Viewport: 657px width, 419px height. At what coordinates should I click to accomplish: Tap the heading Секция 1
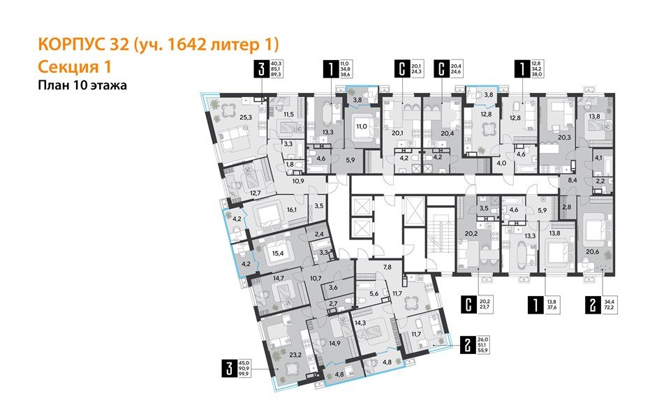coord(72,67)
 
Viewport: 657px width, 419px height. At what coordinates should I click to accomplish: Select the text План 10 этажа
coord(83,86)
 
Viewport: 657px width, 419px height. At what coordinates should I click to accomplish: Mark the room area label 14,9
coord(334,343)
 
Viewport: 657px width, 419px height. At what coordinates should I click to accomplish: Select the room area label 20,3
coord(564,138)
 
